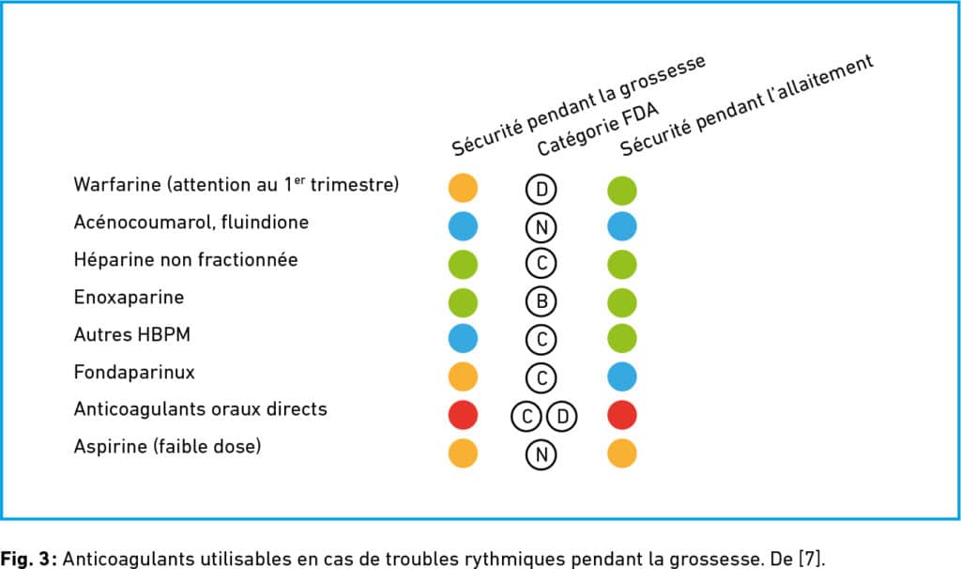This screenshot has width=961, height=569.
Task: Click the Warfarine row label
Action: point(236,185)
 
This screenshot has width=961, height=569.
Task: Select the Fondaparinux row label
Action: point(134,372)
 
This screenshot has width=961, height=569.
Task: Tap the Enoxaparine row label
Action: point(129,298)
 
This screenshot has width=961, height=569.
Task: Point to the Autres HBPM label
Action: point(131,335)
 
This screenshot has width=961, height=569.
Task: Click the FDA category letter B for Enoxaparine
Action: point(542,301)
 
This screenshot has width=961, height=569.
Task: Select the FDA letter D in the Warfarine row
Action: point(542,189)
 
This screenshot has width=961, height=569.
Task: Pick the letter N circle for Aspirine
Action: point(542,454)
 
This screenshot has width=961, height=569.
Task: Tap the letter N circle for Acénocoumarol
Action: point(542,227)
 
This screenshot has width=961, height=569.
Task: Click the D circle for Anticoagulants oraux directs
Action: point(562,417)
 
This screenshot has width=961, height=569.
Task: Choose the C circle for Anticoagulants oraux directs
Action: point(526,417)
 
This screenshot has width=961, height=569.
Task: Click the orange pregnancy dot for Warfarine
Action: point(463,188)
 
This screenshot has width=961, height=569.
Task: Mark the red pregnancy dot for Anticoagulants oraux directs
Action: point(463,415)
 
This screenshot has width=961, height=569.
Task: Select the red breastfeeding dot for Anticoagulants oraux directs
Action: point(622,415)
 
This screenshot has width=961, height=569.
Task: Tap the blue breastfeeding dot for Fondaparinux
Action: point(622,377)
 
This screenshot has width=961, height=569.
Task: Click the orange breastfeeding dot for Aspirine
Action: point(622,454)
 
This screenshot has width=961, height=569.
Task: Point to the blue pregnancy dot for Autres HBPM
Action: point(463,338)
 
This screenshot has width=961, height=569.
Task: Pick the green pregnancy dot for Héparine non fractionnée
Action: point(463,264)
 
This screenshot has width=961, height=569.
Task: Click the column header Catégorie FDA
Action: point(598,129)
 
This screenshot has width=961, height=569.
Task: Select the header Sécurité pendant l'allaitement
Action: point(746,105)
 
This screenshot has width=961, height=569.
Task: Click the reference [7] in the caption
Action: point(812,559)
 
